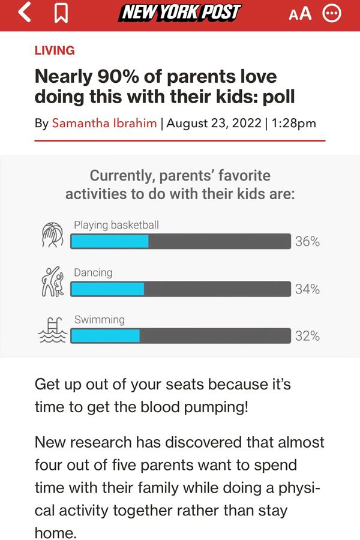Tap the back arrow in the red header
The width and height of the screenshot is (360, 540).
click(24, 13)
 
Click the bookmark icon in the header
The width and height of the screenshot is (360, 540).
click(61, 13)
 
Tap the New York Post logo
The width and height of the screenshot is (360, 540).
click(180, 13)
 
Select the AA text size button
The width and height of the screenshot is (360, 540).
click(300, 14)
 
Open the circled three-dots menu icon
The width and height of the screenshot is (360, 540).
click(332, 13)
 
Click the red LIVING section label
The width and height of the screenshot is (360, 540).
click(55, 50)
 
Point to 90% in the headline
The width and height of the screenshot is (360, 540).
click(118, 76)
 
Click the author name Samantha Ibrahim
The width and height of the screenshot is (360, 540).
click(104, 123)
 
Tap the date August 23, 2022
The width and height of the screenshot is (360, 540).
click(214, 123)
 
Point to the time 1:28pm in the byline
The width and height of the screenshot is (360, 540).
click(293, 123)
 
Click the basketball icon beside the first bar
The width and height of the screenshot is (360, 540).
click(53, 235)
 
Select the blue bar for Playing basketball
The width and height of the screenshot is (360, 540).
click(110, 241)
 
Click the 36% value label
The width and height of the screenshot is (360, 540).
click(307, 241)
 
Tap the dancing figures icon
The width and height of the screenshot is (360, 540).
click(53, 282)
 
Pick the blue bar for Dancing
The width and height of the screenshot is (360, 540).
click(107, 289)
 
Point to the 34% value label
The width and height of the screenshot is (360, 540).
click(307, 289)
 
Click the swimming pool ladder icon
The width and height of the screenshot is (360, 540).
click(52, 330)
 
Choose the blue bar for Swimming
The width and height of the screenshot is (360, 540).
click(105, 336)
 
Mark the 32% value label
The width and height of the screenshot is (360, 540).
click(307, 336)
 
